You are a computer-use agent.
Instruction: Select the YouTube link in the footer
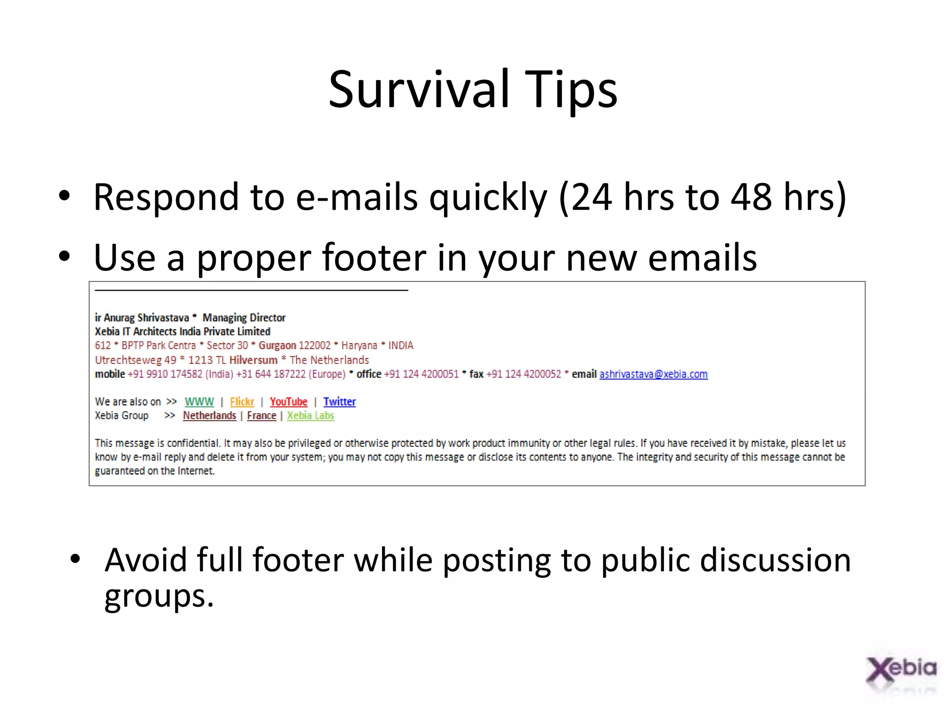(289, 402)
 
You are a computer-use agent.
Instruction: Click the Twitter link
(339, 402)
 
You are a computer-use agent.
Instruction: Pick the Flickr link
(242, 402)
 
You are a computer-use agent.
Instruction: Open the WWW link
(199, 402)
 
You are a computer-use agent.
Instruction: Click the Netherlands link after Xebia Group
(209, 416)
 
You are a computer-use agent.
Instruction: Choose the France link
(261, 416)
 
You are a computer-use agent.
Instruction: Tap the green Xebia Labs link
(310, 416)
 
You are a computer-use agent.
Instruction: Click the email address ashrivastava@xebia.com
(653, 374)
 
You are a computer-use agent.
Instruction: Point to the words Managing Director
(244, 318)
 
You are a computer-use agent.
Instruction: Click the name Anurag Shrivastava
(146, 318)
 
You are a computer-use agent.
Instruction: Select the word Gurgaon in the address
(277, 345)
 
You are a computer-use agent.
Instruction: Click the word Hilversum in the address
(253, 360)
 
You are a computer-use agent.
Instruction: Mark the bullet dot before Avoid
(75, 560)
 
